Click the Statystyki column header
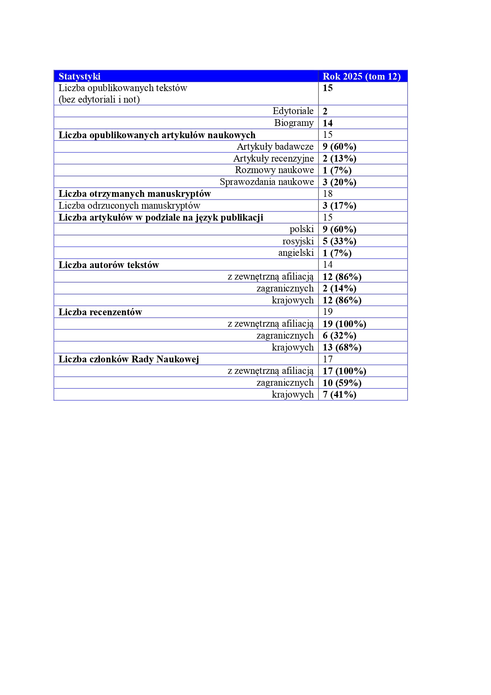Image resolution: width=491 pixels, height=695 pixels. pos(80,76)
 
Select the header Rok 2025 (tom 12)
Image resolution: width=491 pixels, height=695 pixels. pos(362,76)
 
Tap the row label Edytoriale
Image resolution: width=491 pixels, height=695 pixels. pos(293,111)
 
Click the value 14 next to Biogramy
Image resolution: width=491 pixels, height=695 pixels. pos(327,123)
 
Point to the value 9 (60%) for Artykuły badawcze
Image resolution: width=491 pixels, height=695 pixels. pos(339,147)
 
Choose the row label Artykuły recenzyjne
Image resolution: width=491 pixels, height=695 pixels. pos(273,158)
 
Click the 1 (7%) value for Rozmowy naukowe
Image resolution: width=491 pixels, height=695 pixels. pos(337,170)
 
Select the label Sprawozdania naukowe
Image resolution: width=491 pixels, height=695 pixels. pos(266,182)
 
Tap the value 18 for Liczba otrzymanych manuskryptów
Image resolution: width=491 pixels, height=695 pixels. pos(327,194)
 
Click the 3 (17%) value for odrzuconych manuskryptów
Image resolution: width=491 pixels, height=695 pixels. pos(339,206)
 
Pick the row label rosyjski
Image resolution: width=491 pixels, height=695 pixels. pos(298,241)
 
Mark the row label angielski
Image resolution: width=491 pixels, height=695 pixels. pos(296,253)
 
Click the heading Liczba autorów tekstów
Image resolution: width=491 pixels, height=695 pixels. pos(109,265)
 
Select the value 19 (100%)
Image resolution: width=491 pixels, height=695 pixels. pos(344,324)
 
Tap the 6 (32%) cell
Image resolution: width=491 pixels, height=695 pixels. pos(339,335)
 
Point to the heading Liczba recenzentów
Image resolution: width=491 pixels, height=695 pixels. pos(100,312)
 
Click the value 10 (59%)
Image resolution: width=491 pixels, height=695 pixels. pos(342,383)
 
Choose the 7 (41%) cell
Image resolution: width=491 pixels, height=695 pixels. pos(339,394)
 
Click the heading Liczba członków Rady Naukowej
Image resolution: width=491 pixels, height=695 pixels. pos(129,359)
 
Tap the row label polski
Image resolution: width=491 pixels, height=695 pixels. pos(301,229)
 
